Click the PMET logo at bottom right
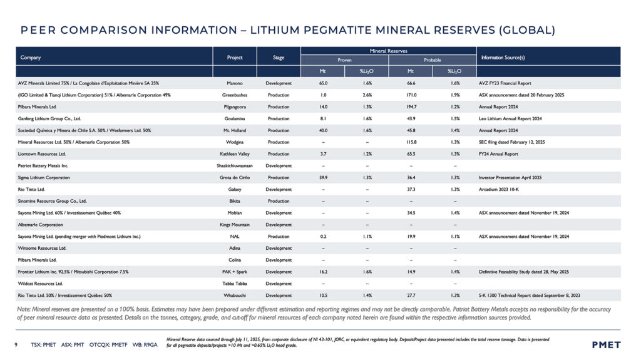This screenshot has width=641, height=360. pyautogui.click(x=607, y=344)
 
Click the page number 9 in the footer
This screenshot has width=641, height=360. pyautogui.click(x=16, y=344)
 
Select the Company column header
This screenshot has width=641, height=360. pyautogui.click(x=31, y=58)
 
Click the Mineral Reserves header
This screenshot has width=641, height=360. pyautogui.click(x=388, y=51)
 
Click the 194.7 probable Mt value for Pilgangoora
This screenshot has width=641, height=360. pyautogui.click(x=411, y=106)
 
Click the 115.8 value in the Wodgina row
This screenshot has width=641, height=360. pyautogui.click(x=411, y=142)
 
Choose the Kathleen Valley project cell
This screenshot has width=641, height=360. pyautogui.click(x=235, y=154)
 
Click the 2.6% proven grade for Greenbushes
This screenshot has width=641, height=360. pyautogui.click(x=367, y=95)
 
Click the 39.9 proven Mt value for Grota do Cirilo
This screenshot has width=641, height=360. pyautogui.click(x=323, y=178)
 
